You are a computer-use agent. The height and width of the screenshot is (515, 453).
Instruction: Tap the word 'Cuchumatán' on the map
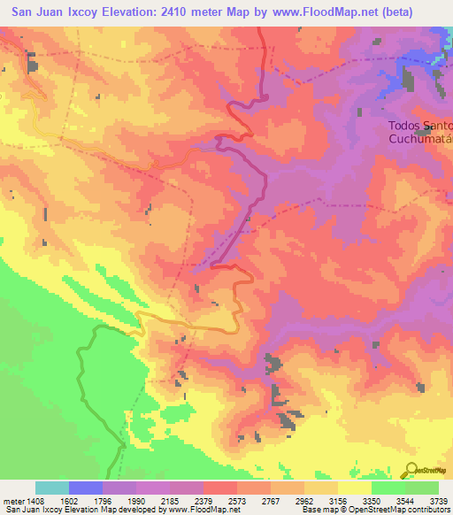pyautogui.click(x=420, y=139)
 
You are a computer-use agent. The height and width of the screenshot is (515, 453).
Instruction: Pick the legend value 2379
pyautogui.click(x=213, y=501)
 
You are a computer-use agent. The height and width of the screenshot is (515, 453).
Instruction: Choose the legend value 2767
pyautogui.click(x=280, y=501)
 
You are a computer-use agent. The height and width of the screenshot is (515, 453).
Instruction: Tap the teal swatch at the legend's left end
pyautogui.click(x=52, y=488)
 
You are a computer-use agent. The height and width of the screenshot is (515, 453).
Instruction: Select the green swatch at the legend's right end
pyautogui.click(x=422, y=488)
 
